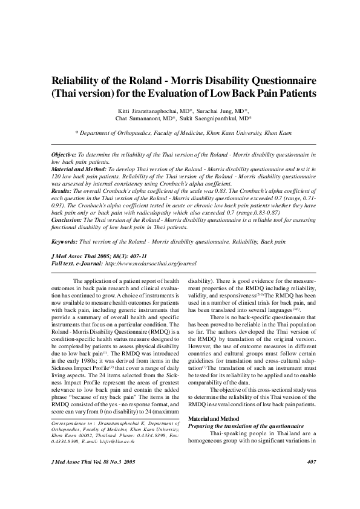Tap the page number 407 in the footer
click(x=312, y=462)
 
